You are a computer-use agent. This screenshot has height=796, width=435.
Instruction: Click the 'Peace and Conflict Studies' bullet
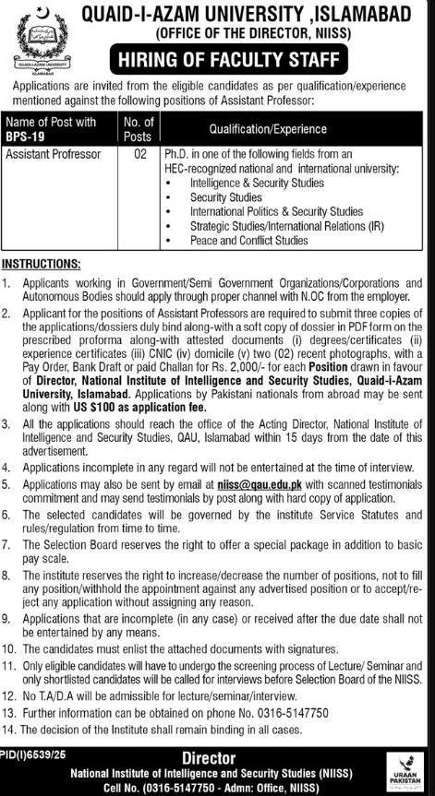249,240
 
